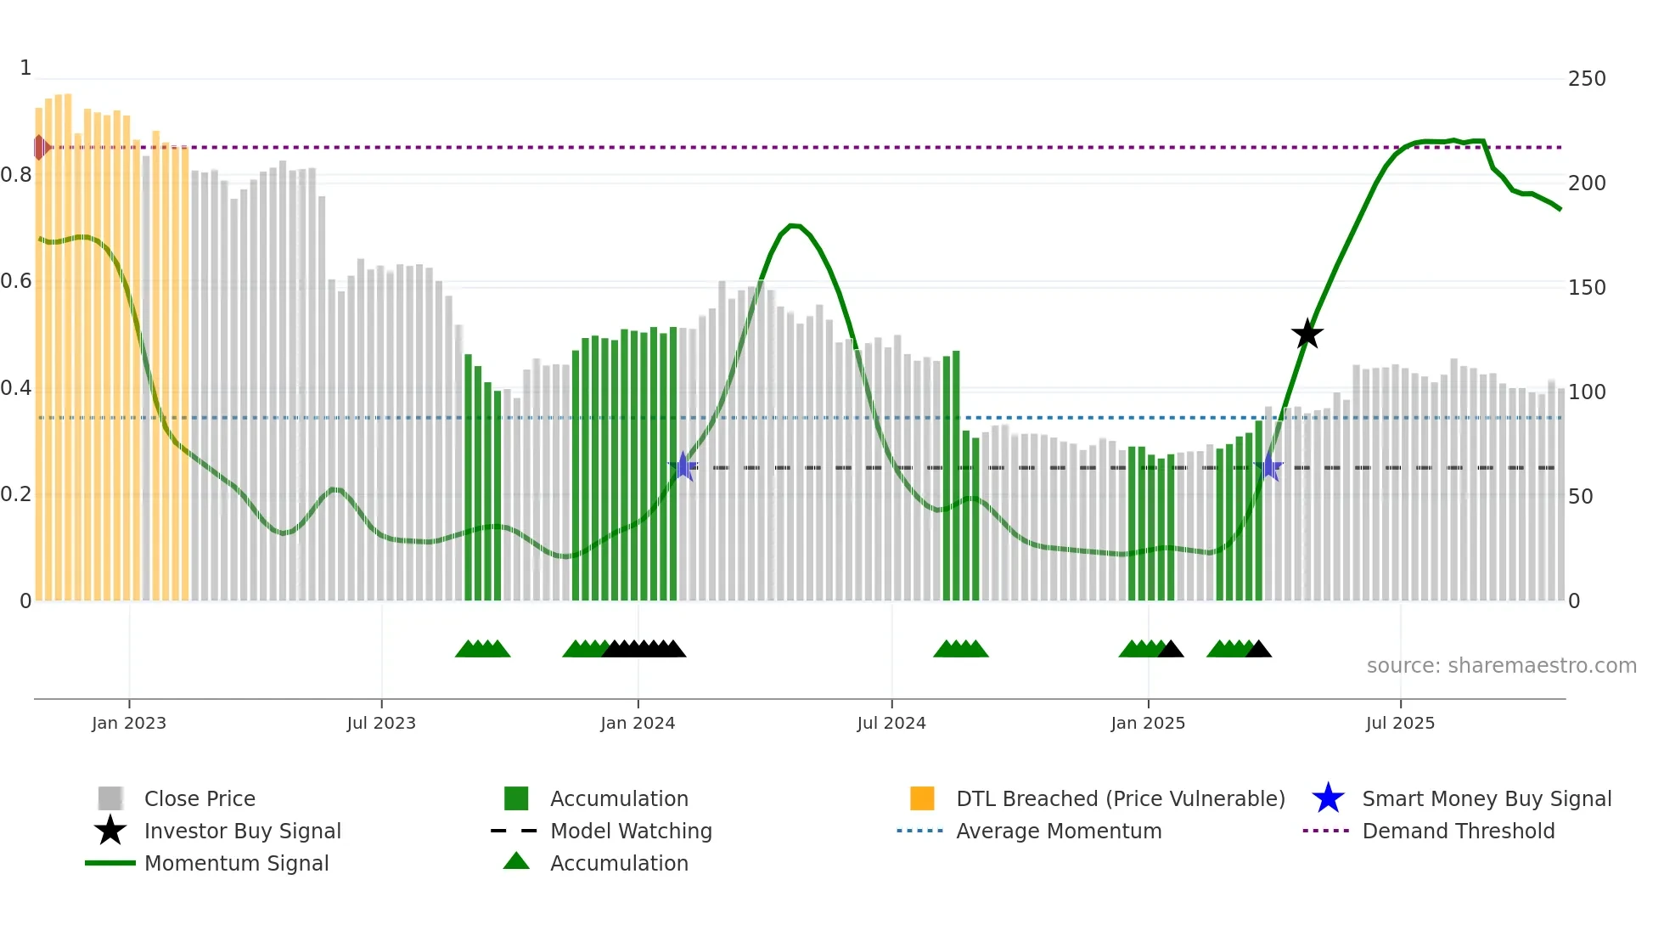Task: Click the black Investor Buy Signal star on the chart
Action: point(1307,334)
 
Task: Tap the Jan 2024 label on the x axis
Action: point(638,723)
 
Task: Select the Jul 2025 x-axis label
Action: point(1400,723)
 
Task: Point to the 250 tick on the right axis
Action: point(1586,79)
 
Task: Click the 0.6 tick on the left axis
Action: point(17,281)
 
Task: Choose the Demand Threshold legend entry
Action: point(1458,831)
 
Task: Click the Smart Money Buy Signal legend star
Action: point(1328,798)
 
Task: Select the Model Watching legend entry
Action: point(630,831)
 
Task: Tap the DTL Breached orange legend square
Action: point(922,798)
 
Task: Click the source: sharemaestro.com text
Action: point(1501,665)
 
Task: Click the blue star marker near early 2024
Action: point(683,466)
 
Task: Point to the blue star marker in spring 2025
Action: point(1268,466)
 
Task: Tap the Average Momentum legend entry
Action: point(1058,831)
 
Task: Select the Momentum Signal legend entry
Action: point(235,863)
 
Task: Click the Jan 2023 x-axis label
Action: point(129,723)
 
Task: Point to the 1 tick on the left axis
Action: point(25,68)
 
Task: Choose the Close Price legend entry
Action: point(199,798)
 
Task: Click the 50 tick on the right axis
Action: point(1580,496)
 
